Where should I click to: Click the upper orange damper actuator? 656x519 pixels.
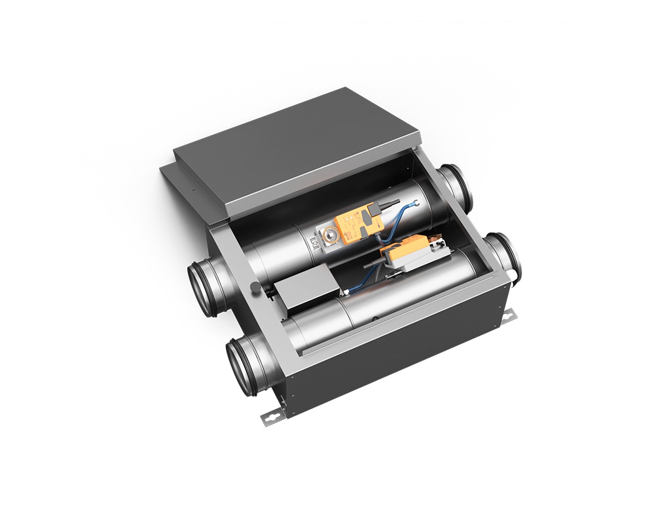[x=354, y=223]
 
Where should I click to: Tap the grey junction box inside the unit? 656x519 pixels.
[x=304, y=292]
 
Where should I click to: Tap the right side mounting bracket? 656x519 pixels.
[x=508, y=318]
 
